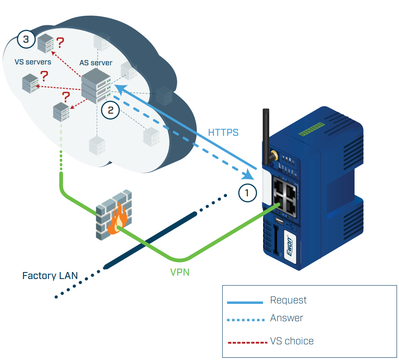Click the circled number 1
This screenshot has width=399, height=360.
247,193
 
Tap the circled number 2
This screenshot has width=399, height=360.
110,110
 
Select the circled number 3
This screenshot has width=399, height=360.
26,40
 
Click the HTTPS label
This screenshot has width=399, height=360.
223,132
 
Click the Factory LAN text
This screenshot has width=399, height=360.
50,276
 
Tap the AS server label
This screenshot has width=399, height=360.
96,63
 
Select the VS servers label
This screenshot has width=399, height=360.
33,62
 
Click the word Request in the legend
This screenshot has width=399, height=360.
288,300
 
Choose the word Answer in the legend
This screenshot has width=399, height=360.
287,318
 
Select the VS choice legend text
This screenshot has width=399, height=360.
292,341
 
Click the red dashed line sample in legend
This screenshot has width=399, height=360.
247,342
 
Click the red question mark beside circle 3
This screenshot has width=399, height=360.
60,43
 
